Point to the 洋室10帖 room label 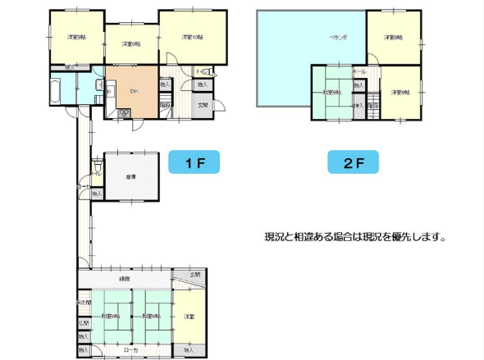193,37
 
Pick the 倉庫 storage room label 130,175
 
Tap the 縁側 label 125,279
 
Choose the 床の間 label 84,303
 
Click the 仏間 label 84,323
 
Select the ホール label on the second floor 358,73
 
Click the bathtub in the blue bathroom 59,89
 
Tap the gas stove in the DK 125,112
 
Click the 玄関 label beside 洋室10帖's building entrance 203,105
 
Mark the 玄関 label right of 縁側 194,275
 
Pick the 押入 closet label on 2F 358,107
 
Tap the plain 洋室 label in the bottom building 189,316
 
